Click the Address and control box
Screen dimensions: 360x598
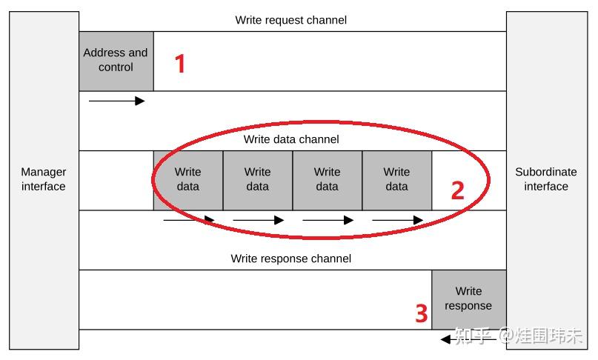[116, 60]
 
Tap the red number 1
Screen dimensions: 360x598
[179, 64]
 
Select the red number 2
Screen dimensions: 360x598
[457, 190]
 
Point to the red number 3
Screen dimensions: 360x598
[421, 314]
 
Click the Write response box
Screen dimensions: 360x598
[468, 299]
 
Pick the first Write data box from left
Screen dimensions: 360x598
[188, 179]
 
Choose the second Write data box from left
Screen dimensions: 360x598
[258, 179]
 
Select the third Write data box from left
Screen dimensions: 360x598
[327, 179]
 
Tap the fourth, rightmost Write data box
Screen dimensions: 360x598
[396, 179]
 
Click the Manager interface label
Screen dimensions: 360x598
[43, 179]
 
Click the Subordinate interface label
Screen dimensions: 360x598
[545, 179]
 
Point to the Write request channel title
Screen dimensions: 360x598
[290, 20]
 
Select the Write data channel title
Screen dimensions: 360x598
[291, 139]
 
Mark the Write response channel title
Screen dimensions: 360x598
[290, 259]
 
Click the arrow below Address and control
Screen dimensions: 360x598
[116, 101]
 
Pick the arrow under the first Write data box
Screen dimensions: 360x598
[189, 220]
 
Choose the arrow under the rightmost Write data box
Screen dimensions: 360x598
[397, 220]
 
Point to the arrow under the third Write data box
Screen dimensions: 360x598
[328, 220]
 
